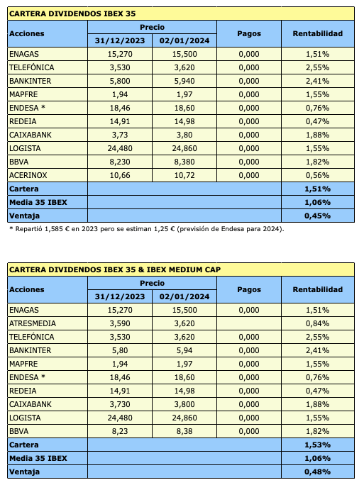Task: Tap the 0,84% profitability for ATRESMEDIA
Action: [x=317, y=323]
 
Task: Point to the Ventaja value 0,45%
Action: [x=317, y=215]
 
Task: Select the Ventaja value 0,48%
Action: [x=317, y=472]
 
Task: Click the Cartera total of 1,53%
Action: [x=317, y=445]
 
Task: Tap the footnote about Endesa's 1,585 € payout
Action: [x=146, y=228]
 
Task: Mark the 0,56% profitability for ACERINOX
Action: [x=317, y=174]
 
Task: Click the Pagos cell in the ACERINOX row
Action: [x=249, y=174]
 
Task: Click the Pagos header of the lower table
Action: [x=249, y=289]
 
